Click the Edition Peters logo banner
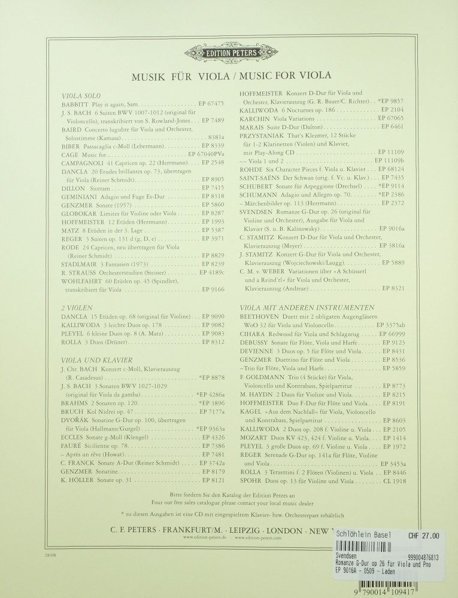tap(229, 52)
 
